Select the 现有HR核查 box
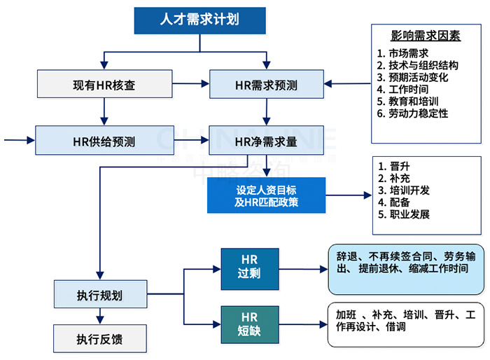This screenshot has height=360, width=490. [x=104, y=85]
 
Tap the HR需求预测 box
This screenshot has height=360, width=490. [x=266, y=85]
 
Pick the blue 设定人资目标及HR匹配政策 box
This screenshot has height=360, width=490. [x=267, y=195]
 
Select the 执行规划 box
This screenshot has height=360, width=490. [x=101, y=294]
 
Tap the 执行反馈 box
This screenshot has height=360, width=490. [x=101, y=339]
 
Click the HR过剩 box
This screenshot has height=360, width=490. [x=250, y=267]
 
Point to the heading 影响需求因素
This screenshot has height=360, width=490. [x=426, y=36]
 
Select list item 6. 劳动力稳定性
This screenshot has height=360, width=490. [x=413, y=113]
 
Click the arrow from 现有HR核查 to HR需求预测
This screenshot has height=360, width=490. [x=190, y=85]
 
